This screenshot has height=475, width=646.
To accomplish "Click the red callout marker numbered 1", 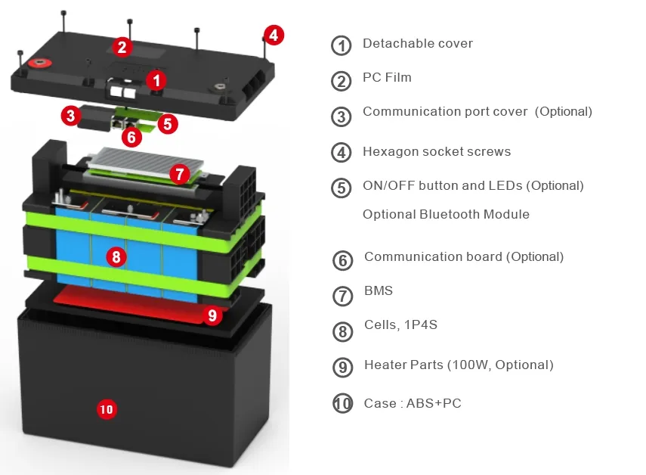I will [x=156, y=79].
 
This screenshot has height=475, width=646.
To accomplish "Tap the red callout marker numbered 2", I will [x=122, y=47].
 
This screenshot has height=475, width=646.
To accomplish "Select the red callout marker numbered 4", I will [x=274, y=35].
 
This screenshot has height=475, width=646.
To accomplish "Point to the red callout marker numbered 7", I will [x=178, y=174].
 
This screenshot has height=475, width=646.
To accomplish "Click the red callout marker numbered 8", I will [x=116, y=257].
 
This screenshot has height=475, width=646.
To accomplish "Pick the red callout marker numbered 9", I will [x=212, y=315].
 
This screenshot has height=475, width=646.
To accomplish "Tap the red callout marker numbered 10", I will [x=107, y=409].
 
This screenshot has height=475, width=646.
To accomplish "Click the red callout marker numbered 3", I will [x=70, y=116].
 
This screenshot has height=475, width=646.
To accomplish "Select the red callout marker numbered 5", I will [x=168, y=123].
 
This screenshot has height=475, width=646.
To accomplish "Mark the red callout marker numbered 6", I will [x=131, y=137].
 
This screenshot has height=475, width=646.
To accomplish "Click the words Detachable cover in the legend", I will [x=417, y=43].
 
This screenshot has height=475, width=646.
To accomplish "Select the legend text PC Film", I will [x=387, y=77].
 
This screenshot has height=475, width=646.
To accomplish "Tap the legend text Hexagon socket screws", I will [x=436, y=151].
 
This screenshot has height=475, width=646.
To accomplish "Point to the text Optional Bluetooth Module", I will [x=446, y=214].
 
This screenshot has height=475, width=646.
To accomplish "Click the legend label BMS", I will [x=378, y=290].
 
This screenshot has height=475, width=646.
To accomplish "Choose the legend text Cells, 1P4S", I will [x=400, y=324].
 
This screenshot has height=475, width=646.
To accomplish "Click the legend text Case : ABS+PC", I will [x=412, y=403].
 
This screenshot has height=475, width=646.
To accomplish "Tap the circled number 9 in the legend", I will [x=343, y=368].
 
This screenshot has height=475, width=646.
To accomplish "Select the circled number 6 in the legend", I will [x=343, y=260].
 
